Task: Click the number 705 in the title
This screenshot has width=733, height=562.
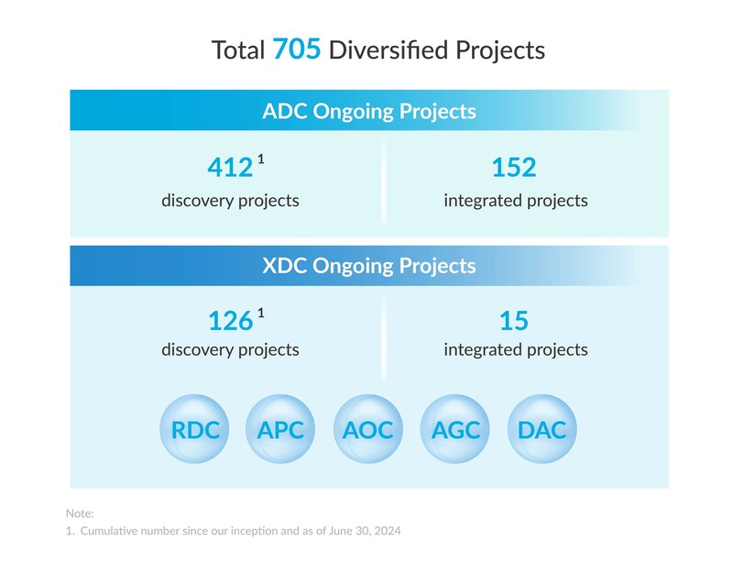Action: [297, 49]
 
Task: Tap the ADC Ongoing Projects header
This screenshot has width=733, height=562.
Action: [369, 111]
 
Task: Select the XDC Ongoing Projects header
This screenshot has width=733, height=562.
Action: [369, 266]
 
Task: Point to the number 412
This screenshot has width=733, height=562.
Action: [230, 168]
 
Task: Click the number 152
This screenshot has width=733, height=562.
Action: [514, 168]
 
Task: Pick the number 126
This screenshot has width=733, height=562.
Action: [230, 320]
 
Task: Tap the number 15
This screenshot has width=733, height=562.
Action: [514, 320]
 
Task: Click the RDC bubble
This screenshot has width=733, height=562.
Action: [195, 429]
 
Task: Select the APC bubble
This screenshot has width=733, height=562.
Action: [282, 429]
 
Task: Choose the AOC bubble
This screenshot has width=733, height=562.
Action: [369, 429]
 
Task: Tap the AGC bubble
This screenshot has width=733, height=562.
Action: [455, 429]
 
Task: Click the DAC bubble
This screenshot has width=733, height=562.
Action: [542, 429]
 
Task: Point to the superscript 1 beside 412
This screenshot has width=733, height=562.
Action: [261, 160]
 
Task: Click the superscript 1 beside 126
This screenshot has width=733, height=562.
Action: [261, 313]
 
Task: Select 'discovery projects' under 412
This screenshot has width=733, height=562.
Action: [230, 200]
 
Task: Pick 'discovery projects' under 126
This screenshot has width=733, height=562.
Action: [230, 349]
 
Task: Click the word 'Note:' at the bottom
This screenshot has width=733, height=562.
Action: [80, 513]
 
